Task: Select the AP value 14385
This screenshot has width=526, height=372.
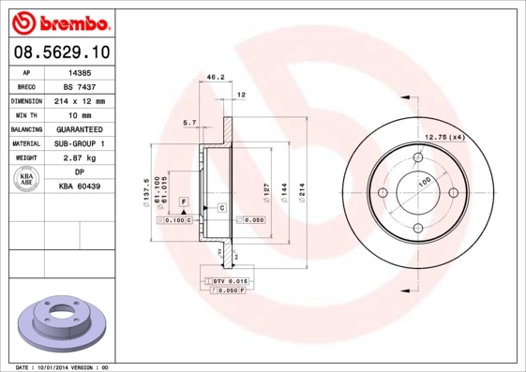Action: pyautogui.click(x=80, y=71)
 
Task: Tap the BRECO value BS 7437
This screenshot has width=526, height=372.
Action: pyautogui.click(x=80, y=85)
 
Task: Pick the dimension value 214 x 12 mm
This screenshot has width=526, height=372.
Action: pyautogui.click(x=80, y=100)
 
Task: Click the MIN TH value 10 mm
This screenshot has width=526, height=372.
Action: pyautogui.click(x=80, y=114)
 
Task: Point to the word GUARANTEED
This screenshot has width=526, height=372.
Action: pyautogui.click(x=80, y=129)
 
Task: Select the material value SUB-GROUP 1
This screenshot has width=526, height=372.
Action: pyautogui.click(x=80, y=143)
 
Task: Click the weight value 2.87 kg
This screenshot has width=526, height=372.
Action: pyautogui.click(x=80, y=158)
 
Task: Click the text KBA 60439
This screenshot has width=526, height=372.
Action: pyautogui.click(x=80, y=187)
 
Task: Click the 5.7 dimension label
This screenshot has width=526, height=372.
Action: pyautogui.click(x=188, y=123)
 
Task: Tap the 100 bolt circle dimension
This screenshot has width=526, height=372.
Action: pyautogui.click(x=424, y=180)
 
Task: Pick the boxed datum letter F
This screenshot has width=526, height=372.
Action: pyautogui.click(x=184, y=202)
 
